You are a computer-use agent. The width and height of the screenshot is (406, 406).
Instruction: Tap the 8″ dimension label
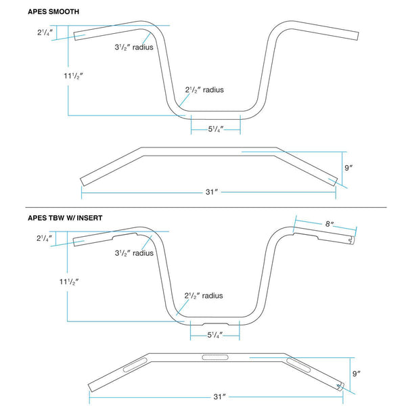(330, 223)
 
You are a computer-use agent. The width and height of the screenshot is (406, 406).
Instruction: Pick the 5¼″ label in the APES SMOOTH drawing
(216, 129)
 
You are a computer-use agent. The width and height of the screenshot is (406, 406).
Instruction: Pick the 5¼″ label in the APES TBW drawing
(215, 334)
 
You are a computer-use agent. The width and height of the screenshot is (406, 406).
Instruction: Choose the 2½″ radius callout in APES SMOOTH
(204, 90)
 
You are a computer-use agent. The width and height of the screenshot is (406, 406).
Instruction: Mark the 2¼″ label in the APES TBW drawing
(46, 238)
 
